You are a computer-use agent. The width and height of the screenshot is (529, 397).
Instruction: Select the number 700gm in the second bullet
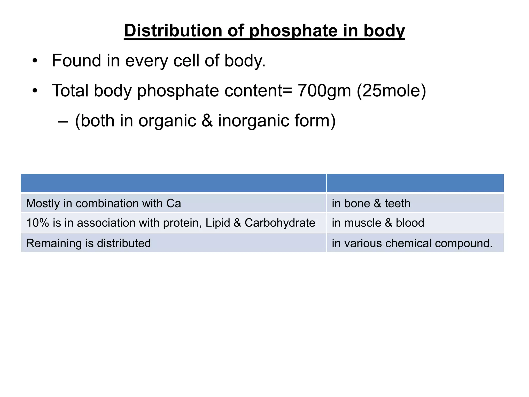tap(324, 90)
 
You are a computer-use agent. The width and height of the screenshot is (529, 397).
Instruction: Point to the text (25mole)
tap(391, 90)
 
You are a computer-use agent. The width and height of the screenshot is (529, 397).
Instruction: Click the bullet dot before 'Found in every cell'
tap(35, 61)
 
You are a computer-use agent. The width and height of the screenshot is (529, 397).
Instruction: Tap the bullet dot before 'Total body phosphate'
tap(35, 91)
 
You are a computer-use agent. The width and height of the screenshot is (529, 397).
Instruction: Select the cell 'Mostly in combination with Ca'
tap(103, 203)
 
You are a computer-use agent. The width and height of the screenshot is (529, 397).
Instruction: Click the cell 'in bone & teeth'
tap(371, 203)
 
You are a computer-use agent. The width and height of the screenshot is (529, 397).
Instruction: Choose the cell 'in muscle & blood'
tap(378, 223)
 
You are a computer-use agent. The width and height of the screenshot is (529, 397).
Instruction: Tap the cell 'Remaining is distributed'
tap(88, 243)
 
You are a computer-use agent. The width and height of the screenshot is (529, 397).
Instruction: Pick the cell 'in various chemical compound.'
tap(412, 243)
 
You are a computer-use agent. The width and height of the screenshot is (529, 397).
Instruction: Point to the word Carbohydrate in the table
tap(280, 223)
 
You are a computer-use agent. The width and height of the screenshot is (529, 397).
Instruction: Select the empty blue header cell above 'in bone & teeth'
tap(415, 183)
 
